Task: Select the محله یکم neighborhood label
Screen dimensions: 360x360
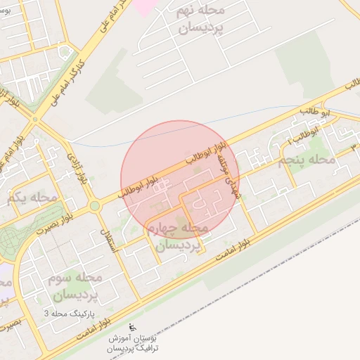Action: pos(32,198)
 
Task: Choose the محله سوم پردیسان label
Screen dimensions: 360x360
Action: pos(76,286)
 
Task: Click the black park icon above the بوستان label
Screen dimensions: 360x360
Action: pos(132,327)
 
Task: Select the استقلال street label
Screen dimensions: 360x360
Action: pos(111,238)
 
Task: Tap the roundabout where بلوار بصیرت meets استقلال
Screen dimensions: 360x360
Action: pos(94,206)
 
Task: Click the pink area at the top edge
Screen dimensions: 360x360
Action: pos(143,6)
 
